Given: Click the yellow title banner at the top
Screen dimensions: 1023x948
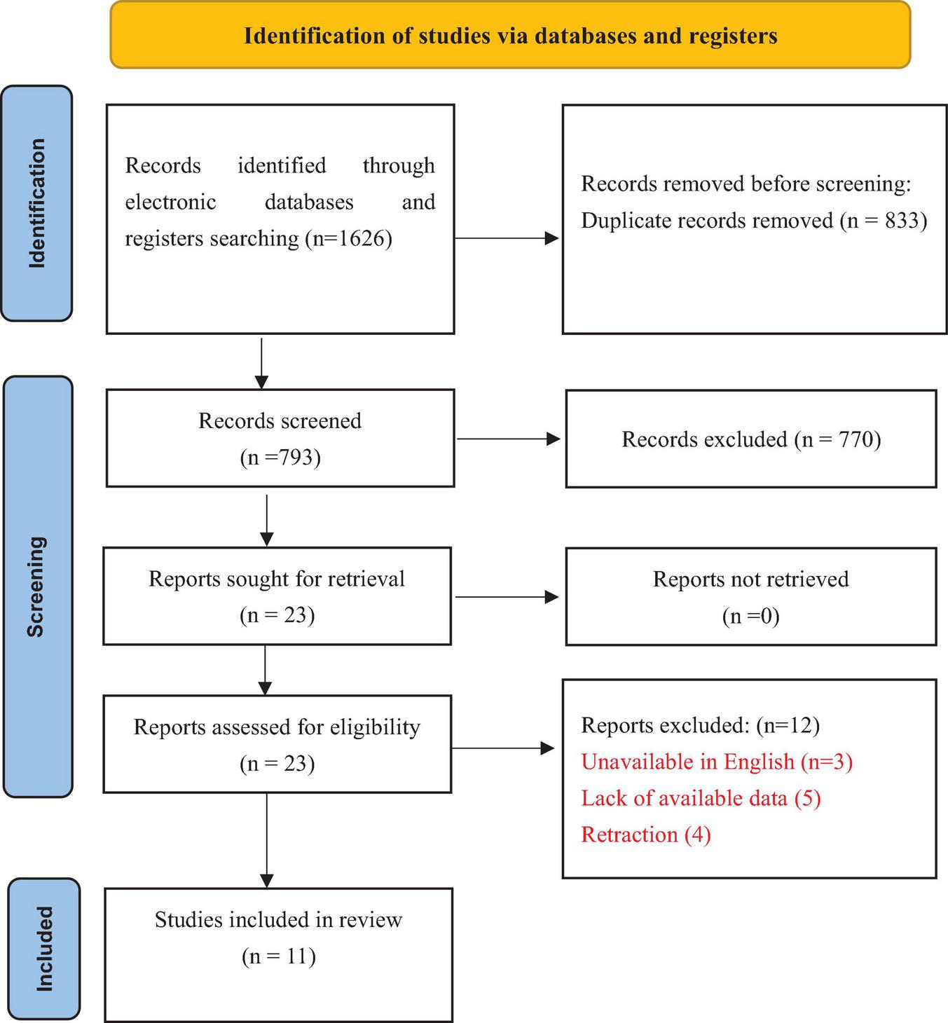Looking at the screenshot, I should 510,35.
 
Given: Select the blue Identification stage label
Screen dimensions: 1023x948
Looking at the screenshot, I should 36,203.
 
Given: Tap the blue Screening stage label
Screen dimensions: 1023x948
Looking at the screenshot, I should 37,586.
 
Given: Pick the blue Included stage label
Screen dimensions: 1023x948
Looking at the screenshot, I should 44,949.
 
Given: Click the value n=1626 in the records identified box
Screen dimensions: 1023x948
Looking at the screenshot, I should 348,239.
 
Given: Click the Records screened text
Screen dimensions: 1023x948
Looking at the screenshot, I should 280,421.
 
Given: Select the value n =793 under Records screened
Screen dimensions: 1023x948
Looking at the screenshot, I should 280,458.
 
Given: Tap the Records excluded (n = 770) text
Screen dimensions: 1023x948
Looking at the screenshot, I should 750,439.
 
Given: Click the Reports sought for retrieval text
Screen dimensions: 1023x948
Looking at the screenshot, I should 277,579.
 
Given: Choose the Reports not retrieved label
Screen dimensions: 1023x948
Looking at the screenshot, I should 750,579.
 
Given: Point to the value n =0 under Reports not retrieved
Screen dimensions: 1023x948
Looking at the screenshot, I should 750,616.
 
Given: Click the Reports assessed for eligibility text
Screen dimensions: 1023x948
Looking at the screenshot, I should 277,727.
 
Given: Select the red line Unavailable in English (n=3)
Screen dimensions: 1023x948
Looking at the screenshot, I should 717,762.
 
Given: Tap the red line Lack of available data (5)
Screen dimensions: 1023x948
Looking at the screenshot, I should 701,798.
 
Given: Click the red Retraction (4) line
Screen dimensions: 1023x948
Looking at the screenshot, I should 646,835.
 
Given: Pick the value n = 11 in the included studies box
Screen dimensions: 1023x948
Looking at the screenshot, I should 279,956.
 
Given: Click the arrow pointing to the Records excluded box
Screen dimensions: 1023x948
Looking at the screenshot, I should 508,439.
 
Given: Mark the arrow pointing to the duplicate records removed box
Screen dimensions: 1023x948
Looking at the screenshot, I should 507,238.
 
